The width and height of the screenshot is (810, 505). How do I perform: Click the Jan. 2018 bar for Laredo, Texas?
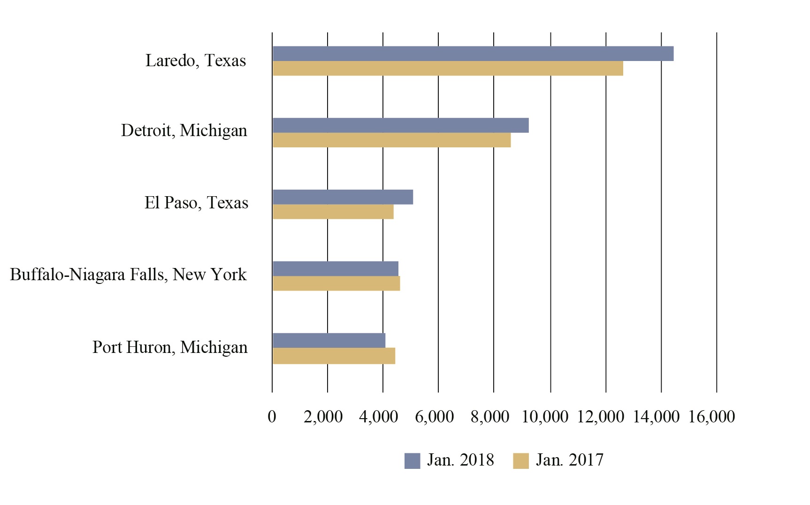tap(473, 54)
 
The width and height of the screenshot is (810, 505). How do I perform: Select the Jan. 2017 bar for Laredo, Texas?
tap(448, 69)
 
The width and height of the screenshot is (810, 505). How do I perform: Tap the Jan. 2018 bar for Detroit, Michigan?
tap(400, 125)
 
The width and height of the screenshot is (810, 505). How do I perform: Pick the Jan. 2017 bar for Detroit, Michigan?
tap(391, 140)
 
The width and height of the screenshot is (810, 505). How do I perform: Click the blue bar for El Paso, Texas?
tap(343, 197)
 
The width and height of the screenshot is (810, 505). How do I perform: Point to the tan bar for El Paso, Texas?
tap(333, 212)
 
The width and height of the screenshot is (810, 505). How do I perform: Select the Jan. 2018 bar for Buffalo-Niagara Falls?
tap(335, 269)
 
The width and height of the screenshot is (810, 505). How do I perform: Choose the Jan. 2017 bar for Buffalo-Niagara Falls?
tap(336, 283)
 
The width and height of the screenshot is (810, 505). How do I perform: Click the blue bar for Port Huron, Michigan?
tap(329, 341)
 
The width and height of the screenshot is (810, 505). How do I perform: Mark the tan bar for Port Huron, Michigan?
tap(334, 356)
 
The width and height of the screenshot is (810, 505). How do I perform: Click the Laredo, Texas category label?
tap(195, 61)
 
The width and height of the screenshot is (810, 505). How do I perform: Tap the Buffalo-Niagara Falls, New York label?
tap(128, 275)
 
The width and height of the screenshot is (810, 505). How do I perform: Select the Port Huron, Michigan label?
tap(170, 347)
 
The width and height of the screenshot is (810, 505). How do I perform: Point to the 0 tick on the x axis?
tap(272, 417)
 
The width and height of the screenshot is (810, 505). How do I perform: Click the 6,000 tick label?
tap(434, 417)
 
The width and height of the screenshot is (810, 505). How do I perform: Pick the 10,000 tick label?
tap(545, 417)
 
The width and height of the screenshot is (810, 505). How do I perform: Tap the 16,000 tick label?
tap(711, 417)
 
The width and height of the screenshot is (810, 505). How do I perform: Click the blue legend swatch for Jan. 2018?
tap(412, 461)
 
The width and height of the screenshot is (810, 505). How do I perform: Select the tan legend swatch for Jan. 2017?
tap(521, 461)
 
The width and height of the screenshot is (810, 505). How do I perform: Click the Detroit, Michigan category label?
tap(184, 130)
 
